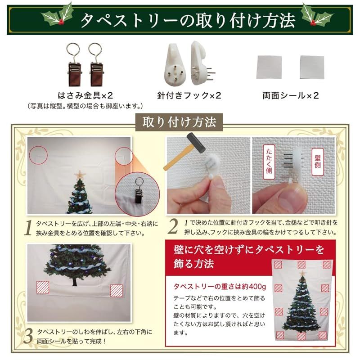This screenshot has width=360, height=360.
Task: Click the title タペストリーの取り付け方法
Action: point(188,21)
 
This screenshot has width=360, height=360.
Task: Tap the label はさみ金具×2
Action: point(85,95)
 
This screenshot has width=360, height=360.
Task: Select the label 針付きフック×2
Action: point(189,95)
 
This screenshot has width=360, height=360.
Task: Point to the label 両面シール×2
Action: point(291,95)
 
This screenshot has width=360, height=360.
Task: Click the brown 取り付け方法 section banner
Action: point(179,122)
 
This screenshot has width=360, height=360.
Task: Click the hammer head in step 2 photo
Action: point(196,143)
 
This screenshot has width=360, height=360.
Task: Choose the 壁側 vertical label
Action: point(318,162)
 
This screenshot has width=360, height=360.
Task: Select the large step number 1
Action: point(28,228)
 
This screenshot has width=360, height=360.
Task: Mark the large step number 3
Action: point(28,336)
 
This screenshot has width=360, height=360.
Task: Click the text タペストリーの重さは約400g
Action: point(220,287)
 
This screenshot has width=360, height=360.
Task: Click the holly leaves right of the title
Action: point(317,16)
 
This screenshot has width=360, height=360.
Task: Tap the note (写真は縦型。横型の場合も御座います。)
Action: point(85,106)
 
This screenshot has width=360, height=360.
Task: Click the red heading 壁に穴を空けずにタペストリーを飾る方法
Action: point(249,256)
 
